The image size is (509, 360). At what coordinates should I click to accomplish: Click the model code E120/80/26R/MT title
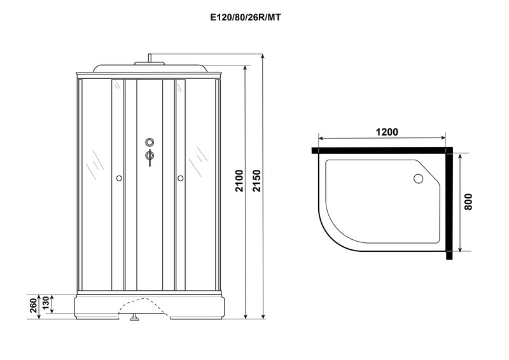pyautogui.click(x=246, y=18)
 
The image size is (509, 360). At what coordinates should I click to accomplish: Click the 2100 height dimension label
pyautogui.click(x=239, y=181)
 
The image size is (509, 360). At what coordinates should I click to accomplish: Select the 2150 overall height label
pyautogui.click(x=257, y=181)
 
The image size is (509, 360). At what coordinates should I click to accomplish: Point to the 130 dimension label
pyautogui.click(x=45, y=303)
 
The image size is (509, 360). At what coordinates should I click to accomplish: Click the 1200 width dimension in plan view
pyautogui.click(x=387, y=132)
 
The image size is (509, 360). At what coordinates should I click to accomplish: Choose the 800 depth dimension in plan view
pyautogui.click(x=468, y=202)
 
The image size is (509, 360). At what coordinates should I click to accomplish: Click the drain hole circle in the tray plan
pyautogui.click(x=418, y=178)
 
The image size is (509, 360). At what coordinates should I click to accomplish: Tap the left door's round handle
pyautogui.click(x=119, y=178)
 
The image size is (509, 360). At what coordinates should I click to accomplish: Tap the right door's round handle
pyautogui.click(x=181, y=178)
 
